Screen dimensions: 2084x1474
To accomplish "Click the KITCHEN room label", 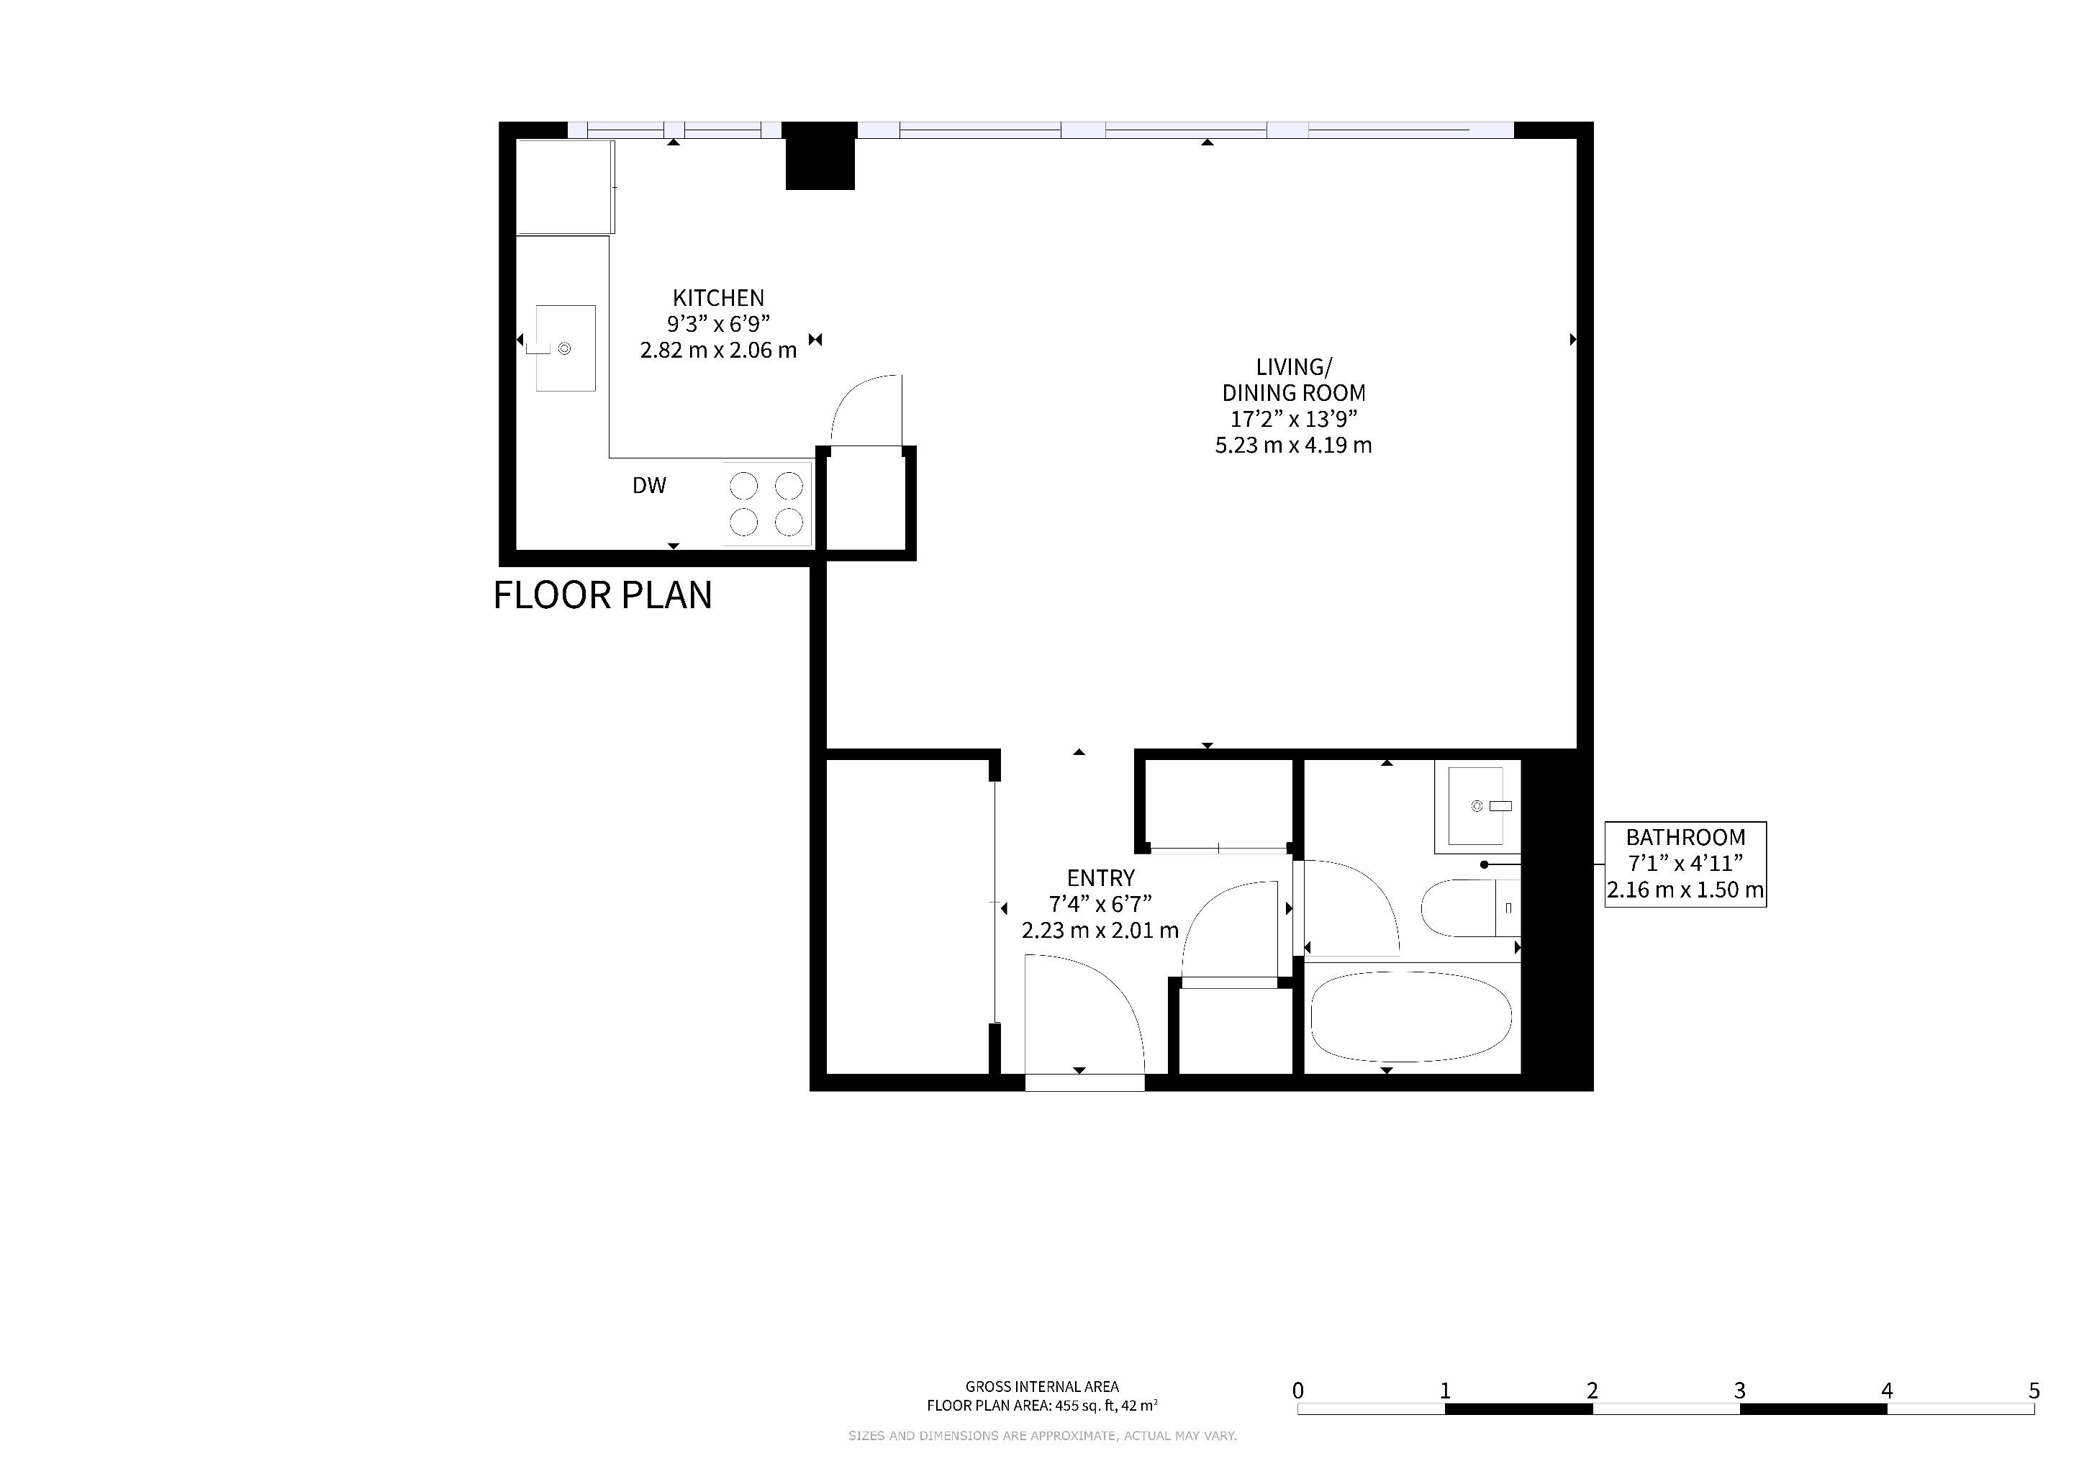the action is (x=718, y=298).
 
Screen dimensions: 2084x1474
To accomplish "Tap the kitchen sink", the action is (x=566, y=348).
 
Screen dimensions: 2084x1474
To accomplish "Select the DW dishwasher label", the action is (x=649, y=486).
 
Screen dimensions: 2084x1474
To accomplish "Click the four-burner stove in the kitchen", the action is (x=767, y=504).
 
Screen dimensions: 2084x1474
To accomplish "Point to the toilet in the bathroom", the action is (x=1470, y=908).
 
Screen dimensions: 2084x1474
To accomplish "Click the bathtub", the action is (x=1411, y=1016).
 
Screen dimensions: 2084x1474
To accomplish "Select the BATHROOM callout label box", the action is (x=1685, y=864).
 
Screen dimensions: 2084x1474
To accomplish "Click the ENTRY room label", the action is (x=1100, y=879).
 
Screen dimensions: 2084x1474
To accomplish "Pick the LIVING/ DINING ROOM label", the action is (x=1293, y=380).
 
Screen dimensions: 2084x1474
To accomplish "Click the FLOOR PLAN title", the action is (x=603, y=595).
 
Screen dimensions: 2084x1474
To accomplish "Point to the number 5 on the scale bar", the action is (x=2034, y=1391).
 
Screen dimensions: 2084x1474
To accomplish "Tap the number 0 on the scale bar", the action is (x=1298, y=1391).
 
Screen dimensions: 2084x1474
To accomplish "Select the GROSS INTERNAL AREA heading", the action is (x=1042, y=1387).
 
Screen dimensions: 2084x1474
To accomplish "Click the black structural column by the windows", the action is (x=820, y=156).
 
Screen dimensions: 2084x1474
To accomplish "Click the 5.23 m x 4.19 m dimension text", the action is (x=1293, y=446).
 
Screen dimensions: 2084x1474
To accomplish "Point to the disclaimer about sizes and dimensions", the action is (x=1042, y=1436).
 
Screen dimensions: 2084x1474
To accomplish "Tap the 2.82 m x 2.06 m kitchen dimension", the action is (x=718, y=351).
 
